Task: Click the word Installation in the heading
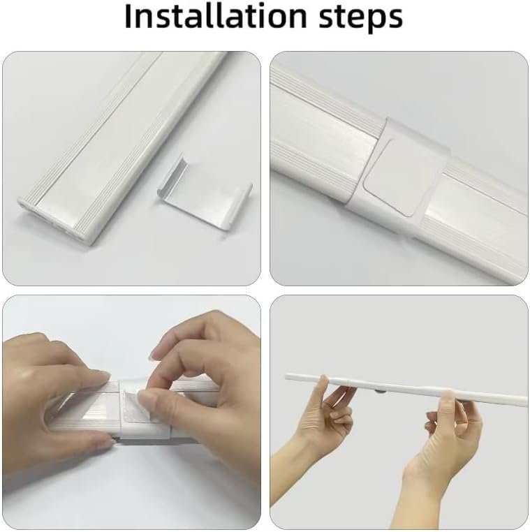216,16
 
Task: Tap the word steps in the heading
361,18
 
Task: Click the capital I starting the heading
128,16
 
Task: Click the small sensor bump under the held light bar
378,392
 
